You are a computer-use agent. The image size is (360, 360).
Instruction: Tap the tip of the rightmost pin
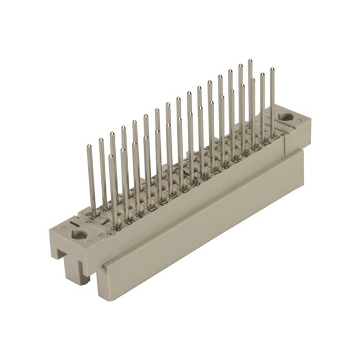(x=272, y=70)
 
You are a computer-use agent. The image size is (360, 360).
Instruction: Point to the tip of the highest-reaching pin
(x=250, y=61)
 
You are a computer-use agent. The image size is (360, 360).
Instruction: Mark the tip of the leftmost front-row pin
(x=111, y=157)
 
